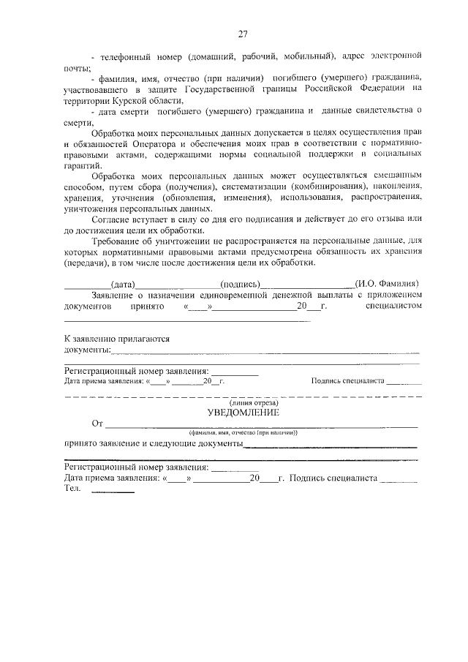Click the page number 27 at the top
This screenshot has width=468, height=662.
pos(243,33)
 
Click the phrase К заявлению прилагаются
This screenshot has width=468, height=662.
pos(117,339)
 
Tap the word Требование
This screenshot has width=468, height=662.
pos(118,241)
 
